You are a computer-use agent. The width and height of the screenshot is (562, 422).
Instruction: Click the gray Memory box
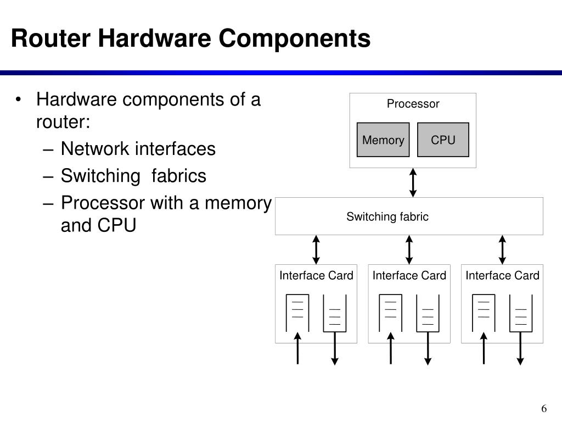coord(383,140)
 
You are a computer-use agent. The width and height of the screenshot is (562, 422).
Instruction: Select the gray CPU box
coord(443,140)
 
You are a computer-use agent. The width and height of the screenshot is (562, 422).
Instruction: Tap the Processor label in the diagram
coord(413,104)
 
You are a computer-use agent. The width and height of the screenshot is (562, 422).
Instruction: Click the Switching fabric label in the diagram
coord(387,216)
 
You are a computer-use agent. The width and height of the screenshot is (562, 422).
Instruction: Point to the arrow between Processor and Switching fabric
coord(413,182)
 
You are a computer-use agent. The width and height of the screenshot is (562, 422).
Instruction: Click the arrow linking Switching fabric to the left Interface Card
coord(316,250)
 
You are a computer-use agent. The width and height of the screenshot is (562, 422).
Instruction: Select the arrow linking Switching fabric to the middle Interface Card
coord(409,250)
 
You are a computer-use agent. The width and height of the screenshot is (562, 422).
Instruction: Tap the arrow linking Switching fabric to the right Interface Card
coord(502,250)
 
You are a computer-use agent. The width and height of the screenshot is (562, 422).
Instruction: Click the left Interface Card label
coord(316,275)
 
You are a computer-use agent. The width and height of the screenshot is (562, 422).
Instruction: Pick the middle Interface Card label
coord(409,275)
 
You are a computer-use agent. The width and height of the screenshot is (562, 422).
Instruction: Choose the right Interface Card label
coord(503,275)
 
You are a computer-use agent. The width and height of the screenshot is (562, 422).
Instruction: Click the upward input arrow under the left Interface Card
coord(297,348)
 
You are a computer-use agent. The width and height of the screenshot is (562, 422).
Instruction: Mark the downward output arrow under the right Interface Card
coord(520,348)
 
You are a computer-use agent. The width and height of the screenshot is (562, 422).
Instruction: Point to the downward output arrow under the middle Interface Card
coord(428,348)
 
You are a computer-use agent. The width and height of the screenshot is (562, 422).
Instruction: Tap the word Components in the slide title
coord(294,39)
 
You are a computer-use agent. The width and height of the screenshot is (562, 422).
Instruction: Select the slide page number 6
coord(544,408)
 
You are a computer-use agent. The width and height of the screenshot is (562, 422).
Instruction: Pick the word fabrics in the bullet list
coord(178,175)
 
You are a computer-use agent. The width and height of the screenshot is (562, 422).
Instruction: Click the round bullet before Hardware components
coord(19,99)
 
